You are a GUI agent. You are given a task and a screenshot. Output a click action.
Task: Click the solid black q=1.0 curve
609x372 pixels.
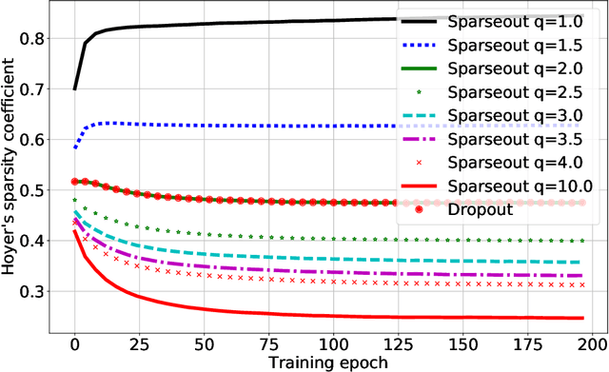(238, 23)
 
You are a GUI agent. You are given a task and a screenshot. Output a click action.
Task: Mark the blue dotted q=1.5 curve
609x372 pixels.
(238, 126)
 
